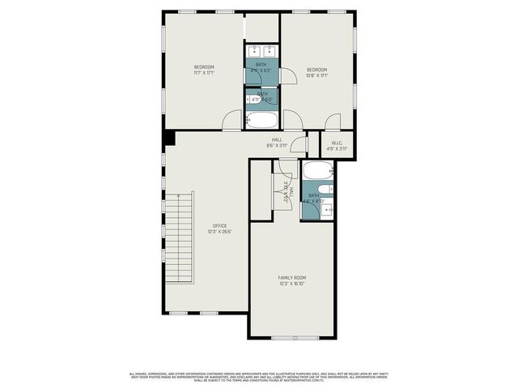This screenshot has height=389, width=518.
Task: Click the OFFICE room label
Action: pyautogui.click(x=220, y=225)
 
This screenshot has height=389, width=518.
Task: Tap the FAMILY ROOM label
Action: pyautogui.click(x=291, y=277)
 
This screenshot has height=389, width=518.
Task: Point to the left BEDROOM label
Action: pyautogui.click(x=204, y=66)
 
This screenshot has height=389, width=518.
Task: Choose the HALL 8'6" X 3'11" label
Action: pyautogui.click(x=277, y=143)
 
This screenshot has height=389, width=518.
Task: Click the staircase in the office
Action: pyautogui.click(x=180, y=240)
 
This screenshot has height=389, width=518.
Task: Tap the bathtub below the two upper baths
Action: pyautogui.click(x=261, y=121)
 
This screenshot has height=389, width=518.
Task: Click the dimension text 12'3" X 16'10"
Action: pyautogui.click(x=291, y=284)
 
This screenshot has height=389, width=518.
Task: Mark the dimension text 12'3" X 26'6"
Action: pyautogui.click(x=220, y=232)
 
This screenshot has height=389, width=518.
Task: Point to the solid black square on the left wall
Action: pyautogui.click(x=168, y=139)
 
